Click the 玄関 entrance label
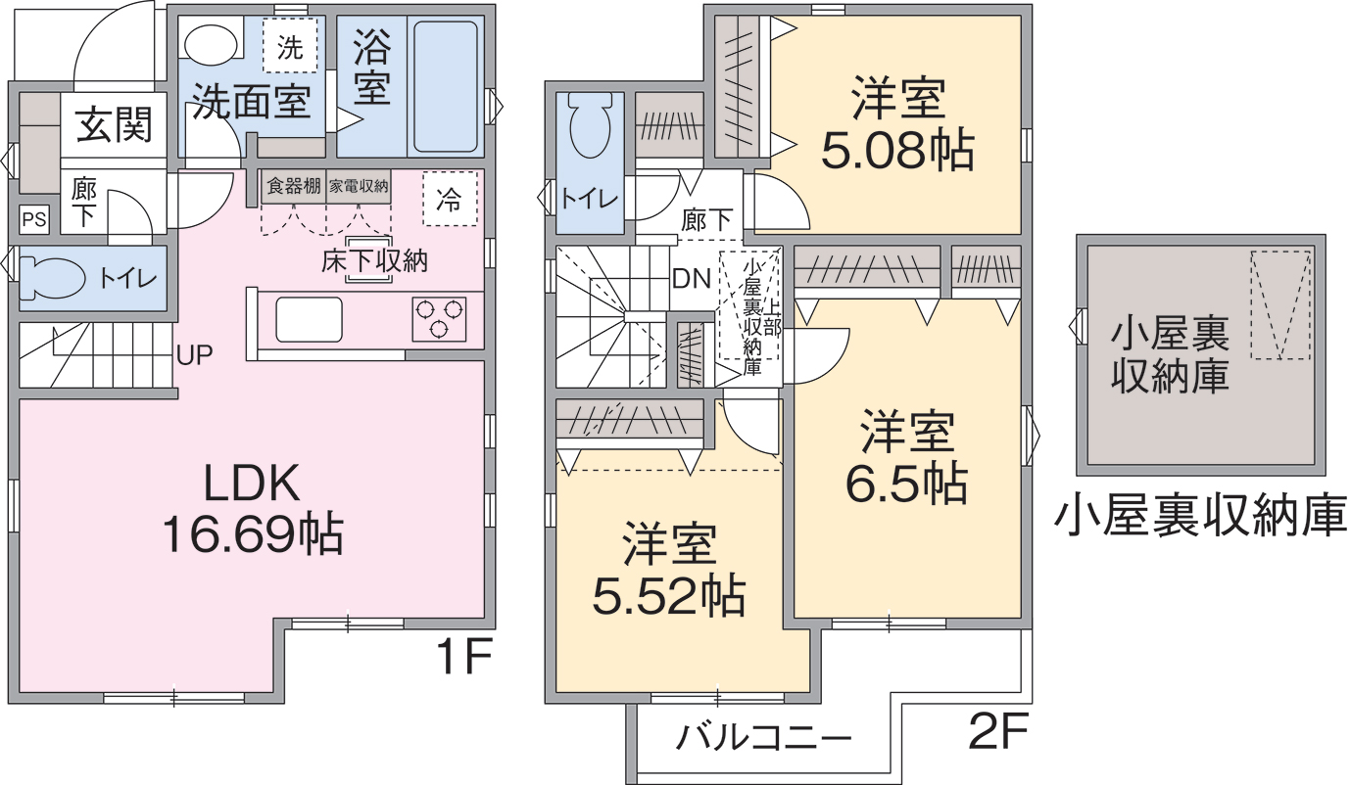[115, 125]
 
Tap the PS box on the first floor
[34, 219]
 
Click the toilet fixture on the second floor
[590, 126]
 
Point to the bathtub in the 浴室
[446, 86]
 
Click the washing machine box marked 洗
[290, 45]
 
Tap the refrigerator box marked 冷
[451, 199]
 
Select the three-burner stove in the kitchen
[439, 319]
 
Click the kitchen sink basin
[310, 320]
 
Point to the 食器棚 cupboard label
[294, 185]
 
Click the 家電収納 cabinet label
[359, 186]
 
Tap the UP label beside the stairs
[195, 355]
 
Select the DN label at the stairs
[692, 278]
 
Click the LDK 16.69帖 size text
[253, 508]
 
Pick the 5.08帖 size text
[898, 149]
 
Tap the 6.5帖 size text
[907, 483]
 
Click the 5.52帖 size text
[669, 596]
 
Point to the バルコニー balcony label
[763, 737]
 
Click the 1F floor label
[464, 657]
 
